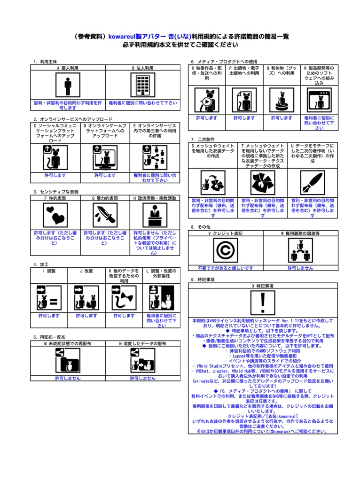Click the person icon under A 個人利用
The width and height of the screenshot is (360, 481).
point(68,85)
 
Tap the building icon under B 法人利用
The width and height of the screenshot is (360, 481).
point(143,85)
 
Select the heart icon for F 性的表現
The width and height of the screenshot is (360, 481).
point(55,215)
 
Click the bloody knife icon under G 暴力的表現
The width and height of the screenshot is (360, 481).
point(105,215)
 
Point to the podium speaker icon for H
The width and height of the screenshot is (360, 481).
point(155,215)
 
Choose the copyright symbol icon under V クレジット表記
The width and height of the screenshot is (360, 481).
point(225,250)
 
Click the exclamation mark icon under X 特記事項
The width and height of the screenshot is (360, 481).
point(263,303)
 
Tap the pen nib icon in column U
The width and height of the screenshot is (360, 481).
point(313,182)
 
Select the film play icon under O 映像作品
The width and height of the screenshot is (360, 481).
point(207,100)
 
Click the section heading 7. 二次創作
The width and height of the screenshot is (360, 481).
point(203,139)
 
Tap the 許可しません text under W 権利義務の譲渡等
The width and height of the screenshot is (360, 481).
point(300,268)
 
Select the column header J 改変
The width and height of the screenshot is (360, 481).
point(86,271)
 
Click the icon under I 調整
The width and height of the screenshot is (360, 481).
point(49,297)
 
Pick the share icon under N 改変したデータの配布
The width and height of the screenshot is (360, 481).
point(143,361)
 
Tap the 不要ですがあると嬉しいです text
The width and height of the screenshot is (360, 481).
point(225,268)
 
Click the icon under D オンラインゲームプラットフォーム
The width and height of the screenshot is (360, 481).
point(105,157)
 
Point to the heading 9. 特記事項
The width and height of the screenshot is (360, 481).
point(203,279)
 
